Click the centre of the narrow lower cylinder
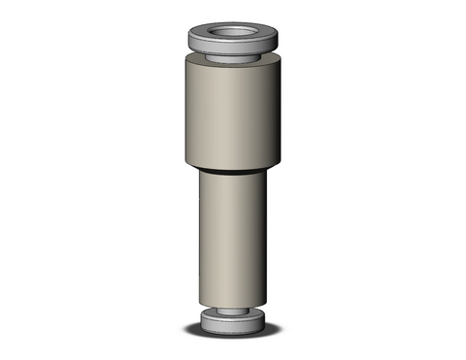tap(233, 238)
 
